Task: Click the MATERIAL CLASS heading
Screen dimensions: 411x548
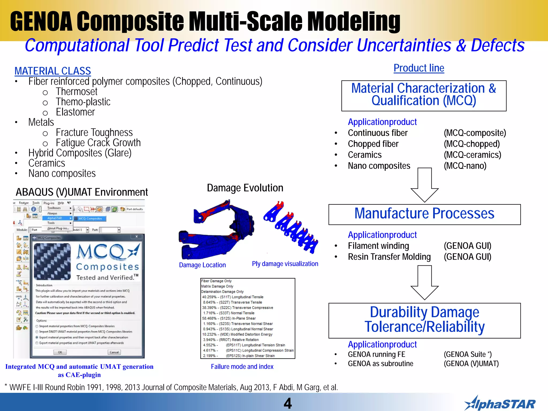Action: pyautogui.click(x=53, y=71)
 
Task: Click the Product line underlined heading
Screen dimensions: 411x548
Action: pyautogui.click(x=419, y=68)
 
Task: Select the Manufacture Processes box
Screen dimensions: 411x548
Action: pyautogui.click(x=424, y=214)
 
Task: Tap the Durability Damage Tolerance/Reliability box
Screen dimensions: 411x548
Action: pyautogui.click(x=424, y=320)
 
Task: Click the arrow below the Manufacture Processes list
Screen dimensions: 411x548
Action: pyautogui.click(x=424, y=282)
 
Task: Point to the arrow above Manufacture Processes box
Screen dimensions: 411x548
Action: pyautogui.click(x=424, y=185)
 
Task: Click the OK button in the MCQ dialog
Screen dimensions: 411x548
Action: pyautogui.click(x=60, y=352)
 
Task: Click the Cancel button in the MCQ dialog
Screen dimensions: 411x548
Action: pyautogui.click(x=114, y=352)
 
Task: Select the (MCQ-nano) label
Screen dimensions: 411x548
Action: pyautogui.click(x=465, y=166)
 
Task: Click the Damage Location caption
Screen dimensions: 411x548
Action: pyautogui.click(x=202, y=265)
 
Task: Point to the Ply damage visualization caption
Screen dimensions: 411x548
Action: pyautogui.click(x=285, y=264)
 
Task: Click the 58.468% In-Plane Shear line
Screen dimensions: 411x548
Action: pyautogui.click(x=229, y=318)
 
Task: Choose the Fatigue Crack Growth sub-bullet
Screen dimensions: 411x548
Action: pyautogui.click(x=98, y=143)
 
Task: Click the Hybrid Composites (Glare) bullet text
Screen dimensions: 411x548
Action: pyautogui.click(x=80, y=153)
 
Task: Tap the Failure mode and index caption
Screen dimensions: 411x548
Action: pyautogui.click(x=242, y=367)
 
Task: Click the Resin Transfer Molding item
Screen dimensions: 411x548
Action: pyautogui.click(x=389, y=257)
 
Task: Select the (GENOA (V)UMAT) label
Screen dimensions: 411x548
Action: pyautogui.click(x=471, y=364)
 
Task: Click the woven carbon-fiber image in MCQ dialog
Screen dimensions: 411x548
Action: pyautogui.click(x=52, y=261)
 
